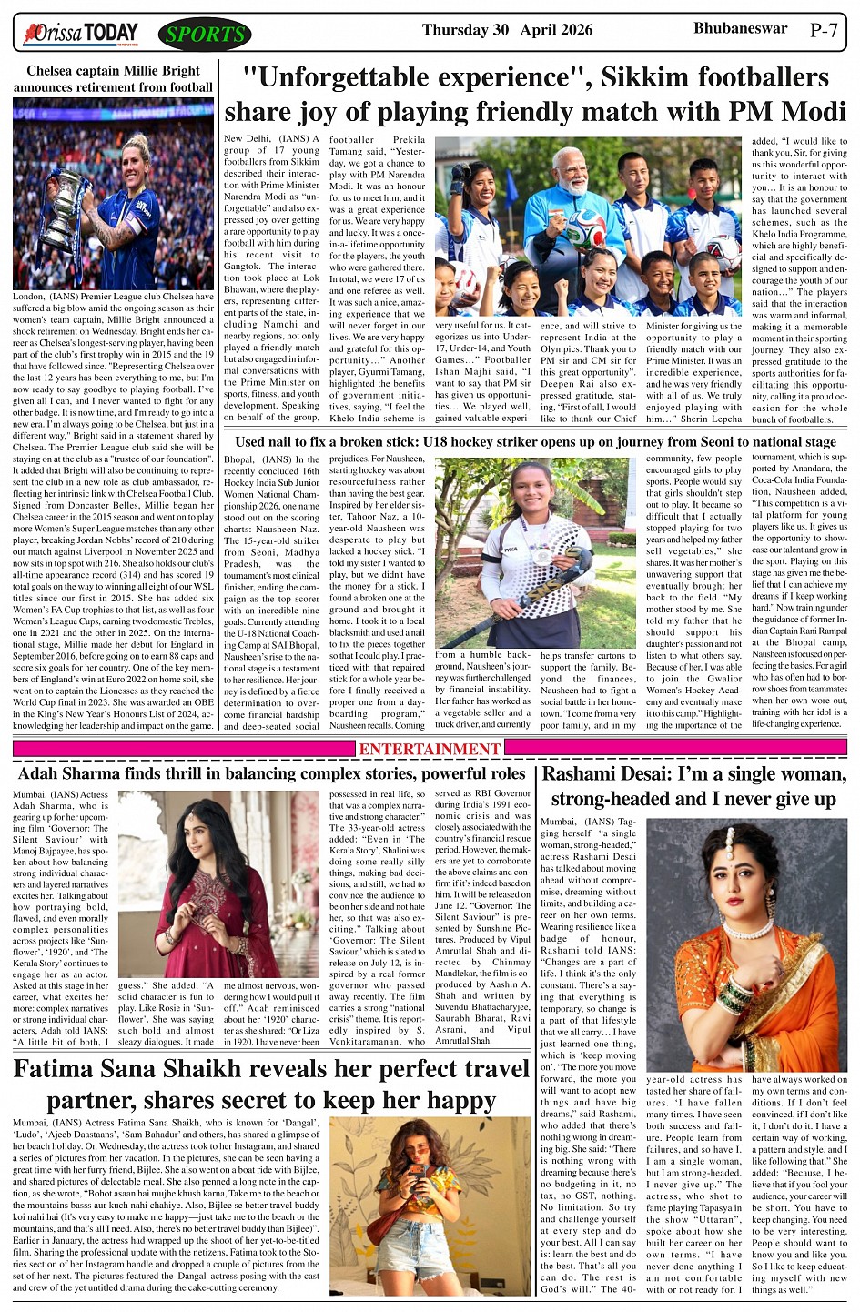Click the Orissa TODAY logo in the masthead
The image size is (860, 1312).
point(82,35)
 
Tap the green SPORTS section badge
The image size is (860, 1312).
point(205,35)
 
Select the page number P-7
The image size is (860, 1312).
point(824,31)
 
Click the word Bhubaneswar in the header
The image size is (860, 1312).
point(740,28)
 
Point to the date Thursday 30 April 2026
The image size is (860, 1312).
point(507,30)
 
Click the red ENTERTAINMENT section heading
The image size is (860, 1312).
point(430,749)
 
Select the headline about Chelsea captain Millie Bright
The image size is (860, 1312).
point(113,79)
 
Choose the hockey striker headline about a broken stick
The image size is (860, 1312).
point(535,442)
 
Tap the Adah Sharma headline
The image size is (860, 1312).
point(271,774)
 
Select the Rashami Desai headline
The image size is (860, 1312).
point(694,787)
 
